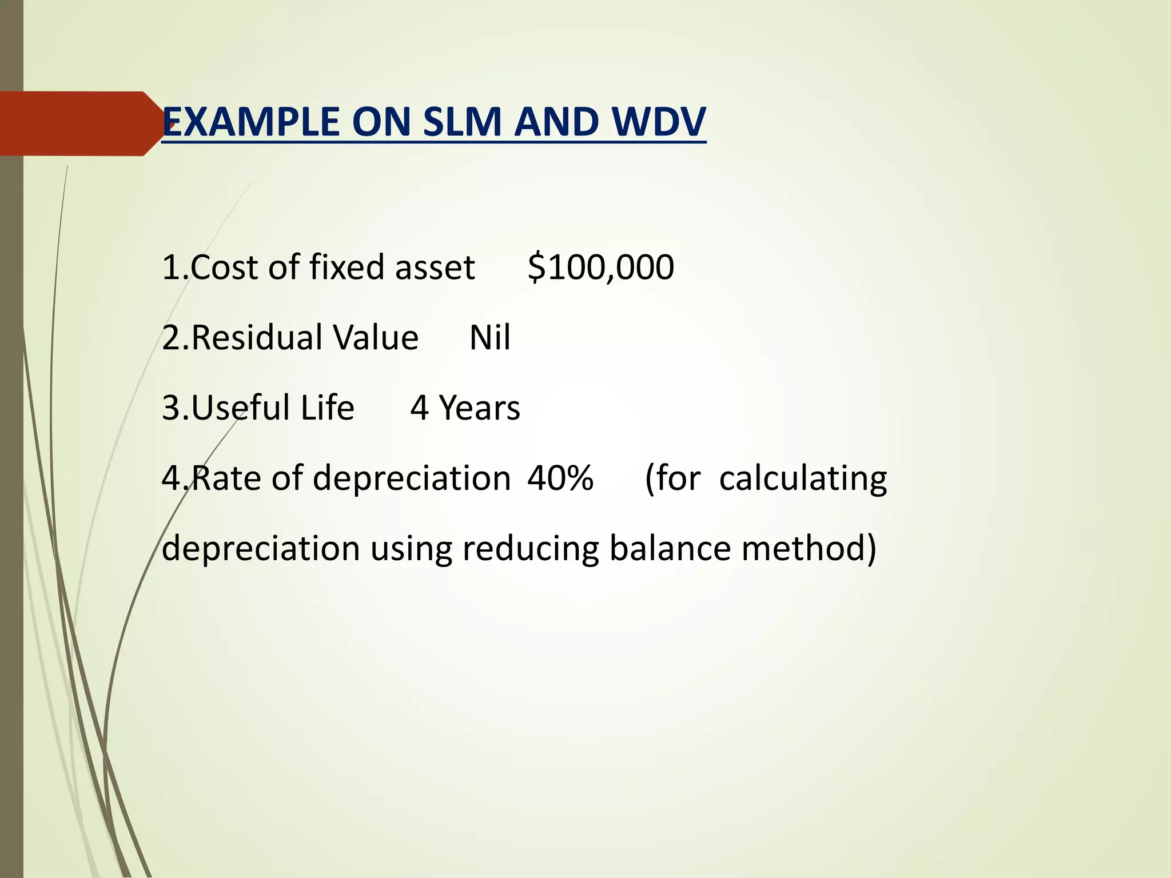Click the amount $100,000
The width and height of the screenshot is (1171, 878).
600,268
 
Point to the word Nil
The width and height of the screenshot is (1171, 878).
489,337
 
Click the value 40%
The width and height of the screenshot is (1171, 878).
560,478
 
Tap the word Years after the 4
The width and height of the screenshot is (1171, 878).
479,408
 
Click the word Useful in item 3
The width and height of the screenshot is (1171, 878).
241,408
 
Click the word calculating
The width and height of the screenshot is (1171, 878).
803,478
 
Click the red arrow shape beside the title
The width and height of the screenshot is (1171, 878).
80,123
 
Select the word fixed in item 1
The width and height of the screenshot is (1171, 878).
346,268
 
